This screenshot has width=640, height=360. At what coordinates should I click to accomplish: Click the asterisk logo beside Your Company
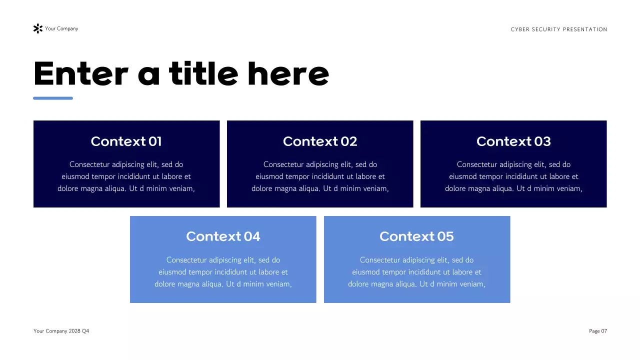click(37, 28)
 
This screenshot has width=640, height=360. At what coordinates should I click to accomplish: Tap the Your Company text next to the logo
click(61, 28)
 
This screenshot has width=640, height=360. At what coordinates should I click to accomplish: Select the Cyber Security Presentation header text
click(559, 29)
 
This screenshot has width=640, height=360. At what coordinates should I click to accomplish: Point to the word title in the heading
click(203, 74)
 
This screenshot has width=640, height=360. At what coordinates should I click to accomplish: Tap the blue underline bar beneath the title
click(53, 98)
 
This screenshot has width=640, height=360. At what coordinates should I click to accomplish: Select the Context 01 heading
click(126, 141)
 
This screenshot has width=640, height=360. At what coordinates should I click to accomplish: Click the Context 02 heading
click(320, 141)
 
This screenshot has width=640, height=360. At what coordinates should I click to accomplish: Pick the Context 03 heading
click(513, 141)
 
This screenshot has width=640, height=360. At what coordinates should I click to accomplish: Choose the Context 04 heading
click(223, 236)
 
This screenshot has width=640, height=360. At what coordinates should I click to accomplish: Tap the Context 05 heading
click(416, 236)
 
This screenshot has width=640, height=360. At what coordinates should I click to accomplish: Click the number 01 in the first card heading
click(155, 141)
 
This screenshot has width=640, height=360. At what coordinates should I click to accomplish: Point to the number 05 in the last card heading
click(445, 236)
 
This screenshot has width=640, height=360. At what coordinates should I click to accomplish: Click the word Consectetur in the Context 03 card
click(477, 164)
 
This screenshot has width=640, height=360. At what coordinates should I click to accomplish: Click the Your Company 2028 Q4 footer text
click(61, 331)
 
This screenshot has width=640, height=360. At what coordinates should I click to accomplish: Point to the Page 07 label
click(598, 331)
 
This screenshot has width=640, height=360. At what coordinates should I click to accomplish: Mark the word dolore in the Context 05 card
click(359, 284)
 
